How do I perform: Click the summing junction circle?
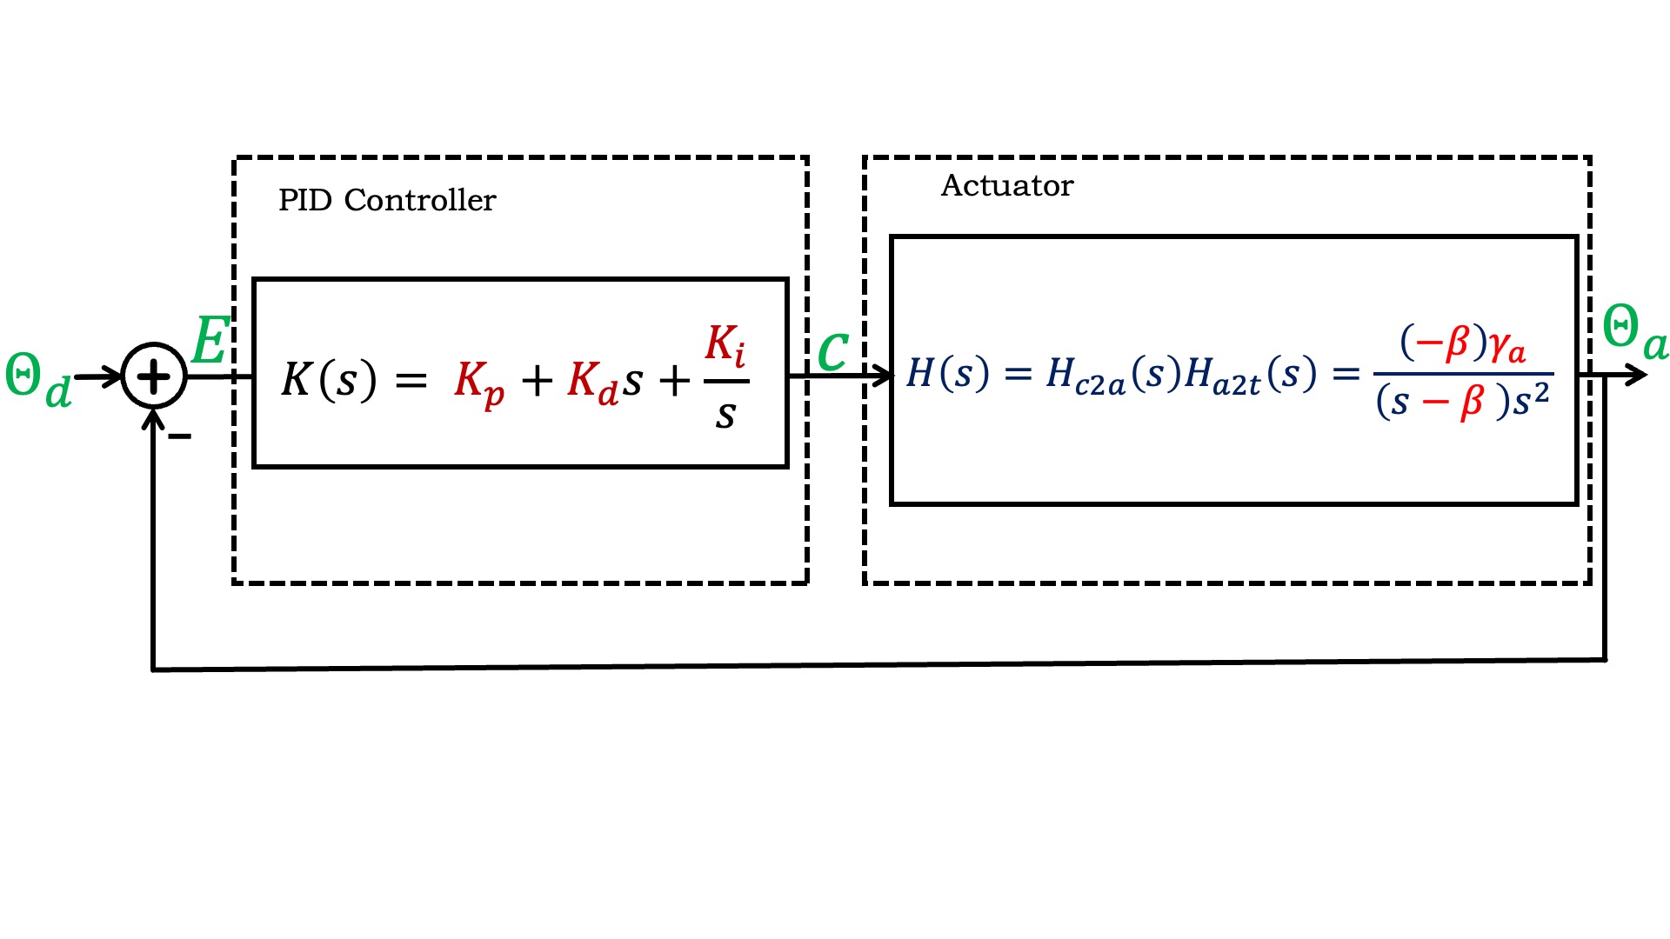click(154, 376)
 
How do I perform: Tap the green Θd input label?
click(37, 379)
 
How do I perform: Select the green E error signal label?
click(210, 341)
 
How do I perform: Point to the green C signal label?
click(832, 351)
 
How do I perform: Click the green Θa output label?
click(1633, 332)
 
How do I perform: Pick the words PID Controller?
click(386, 201)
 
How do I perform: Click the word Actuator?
click(1006, 186)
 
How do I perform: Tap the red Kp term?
click(478, 383)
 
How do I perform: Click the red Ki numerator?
click(725, 344)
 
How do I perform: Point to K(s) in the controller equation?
click(329, 380)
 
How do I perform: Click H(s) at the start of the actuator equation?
click(947, 374)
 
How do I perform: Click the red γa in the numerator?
click(1506, 346)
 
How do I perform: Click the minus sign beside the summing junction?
click(179, 436)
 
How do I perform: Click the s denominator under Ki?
click(725, 416)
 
